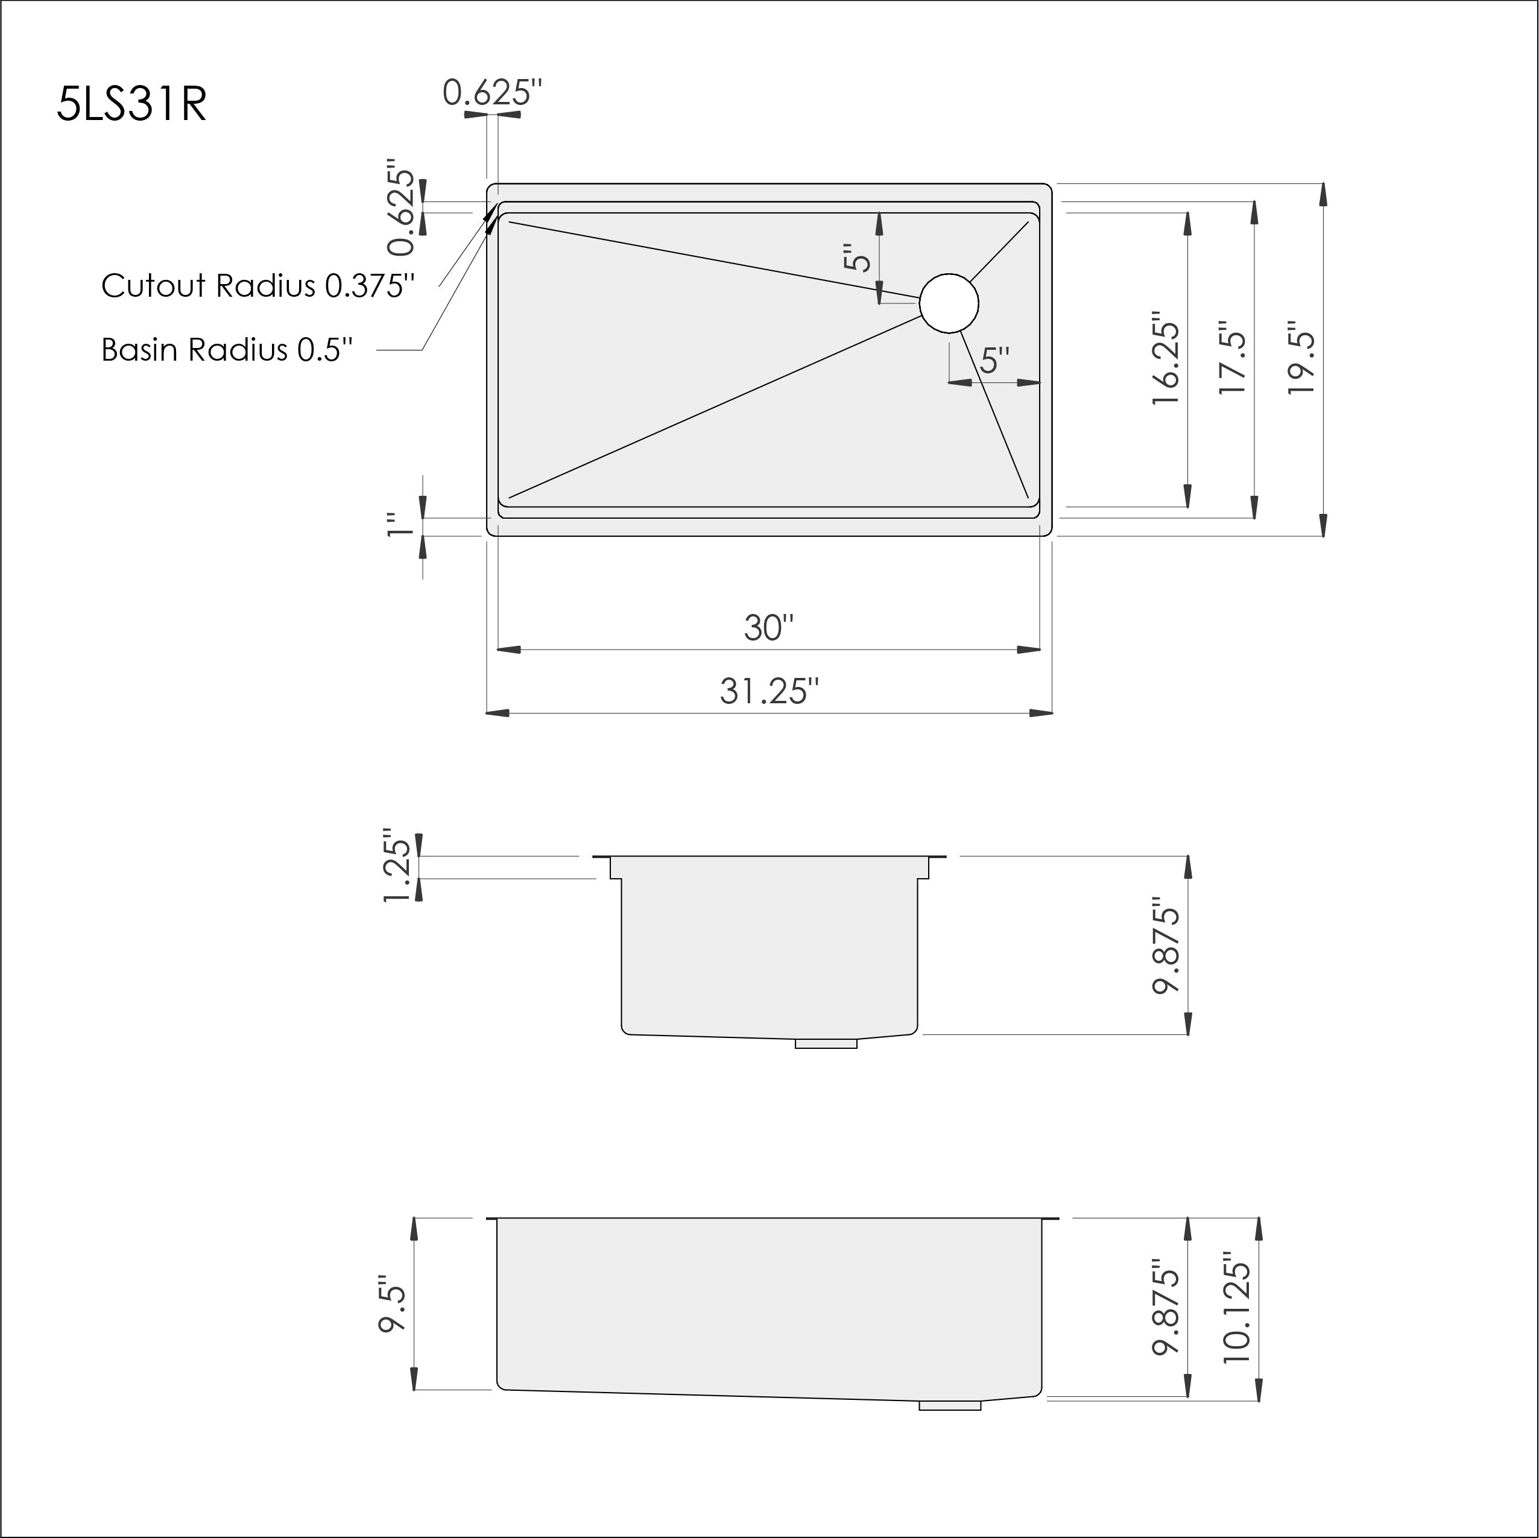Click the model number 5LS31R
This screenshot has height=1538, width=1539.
click(132, 104)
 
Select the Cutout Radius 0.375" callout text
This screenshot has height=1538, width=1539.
click(258, 286)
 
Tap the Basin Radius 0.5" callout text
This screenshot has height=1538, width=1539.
click(227, 350)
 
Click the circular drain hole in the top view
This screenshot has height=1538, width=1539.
click(948, 303)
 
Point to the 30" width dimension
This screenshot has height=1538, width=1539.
click(769, 628)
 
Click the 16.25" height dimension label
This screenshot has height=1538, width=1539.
click(1165, 362)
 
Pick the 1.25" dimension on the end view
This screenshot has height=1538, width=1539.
click(397, 869)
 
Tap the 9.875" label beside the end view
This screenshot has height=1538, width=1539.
click(1165, 946)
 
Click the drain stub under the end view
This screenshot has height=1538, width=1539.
click(826, 1043)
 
